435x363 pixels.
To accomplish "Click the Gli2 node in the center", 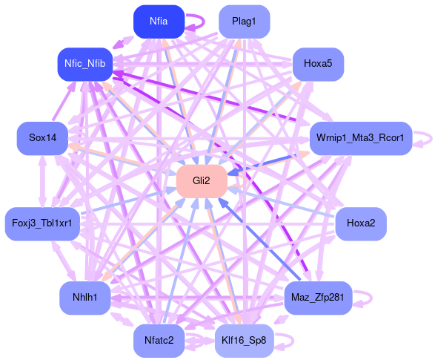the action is coord(202,181).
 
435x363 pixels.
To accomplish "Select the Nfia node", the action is coord(159,22).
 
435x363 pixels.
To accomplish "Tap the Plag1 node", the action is coord(244,22).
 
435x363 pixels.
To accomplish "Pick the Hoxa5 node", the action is coord(318,64).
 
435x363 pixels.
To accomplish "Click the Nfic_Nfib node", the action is coord(85,64).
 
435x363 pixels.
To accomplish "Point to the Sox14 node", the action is coord(42,138).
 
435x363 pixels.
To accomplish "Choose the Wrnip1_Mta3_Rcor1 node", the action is coord(361,138).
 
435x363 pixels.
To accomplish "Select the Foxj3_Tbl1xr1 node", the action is coord(42,223).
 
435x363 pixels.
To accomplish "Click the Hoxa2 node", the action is coord(361,223).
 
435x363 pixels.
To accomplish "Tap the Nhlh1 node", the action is coord(85,298).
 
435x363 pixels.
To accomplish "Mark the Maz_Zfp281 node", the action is coord(318,298).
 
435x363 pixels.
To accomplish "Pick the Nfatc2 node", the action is coord(159,341).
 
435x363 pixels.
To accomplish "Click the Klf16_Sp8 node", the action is coord(244,341).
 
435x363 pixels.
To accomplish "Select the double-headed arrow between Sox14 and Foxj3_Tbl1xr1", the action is coord(42,181).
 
